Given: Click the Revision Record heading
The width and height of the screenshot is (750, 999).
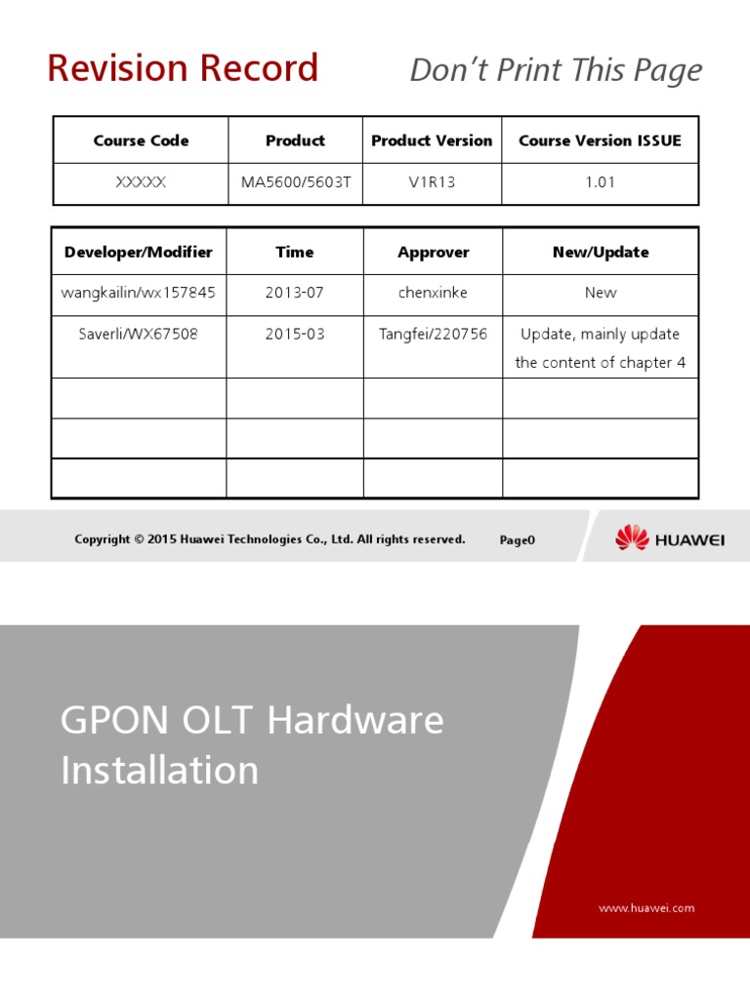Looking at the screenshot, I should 183,68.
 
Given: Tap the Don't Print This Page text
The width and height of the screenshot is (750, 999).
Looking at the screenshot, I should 556,70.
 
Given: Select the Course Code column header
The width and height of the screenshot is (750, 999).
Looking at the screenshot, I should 141,140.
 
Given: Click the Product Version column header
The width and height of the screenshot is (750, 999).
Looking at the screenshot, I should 432,140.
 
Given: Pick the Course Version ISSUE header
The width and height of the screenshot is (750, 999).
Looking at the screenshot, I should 600,140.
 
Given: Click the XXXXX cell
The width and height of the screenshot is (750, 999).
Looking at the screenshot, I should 141,182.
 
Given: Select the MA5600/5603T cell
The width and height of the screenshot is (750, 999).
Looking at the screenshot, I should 295,182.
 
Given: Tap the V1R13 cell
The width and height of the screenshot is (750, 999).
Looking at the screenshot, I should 432,182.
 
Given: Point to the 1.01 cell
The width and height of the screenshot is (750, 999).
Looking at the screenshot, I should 600,182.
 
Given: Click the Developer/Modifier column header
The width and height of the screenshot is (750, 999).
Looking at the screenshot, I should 139,252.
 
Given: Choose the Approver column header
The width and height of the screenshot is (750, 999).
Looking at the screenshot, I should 433,252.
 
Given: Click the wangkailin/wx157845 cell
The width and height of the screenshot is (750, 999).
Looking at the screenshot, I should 139,293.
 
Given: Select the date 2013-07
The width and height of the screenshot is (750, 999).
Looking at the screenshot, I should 295,293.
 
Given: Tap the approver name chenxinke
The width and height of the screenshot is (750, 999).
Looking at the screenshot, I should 433,293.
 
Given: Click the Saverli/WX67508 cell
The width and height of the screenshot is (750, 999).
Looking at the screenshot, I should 139,334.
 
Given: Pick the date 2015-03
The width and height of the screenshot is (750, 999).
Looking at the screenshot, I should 295,334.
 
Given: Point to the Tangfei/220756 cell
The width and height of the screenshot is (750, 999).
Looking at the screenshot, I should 433,334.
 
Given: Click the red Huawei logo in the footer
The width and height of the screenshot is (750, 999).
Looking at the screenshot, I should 632,538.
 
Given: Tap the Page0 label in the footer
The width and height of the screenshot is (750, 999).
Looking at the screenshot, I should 518,539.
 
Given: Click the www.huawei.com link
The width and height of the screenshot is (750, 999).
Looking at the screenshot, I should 646,907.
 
